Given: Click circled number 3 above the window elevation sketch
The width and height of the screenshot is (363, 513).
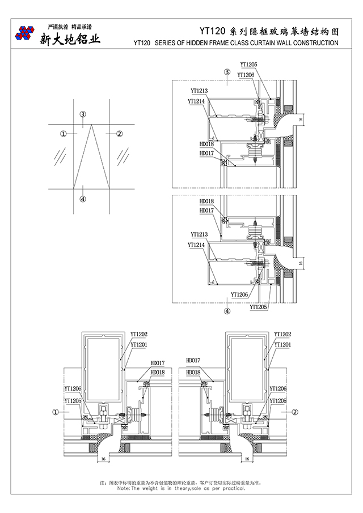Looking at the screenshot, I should point(83,114).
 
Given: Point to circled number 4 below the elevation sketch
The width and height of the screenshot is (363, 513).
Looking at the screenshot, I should point(83,199).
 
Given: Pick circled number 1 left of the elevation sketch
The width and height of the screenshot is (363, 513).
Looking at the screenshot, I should point(63,134).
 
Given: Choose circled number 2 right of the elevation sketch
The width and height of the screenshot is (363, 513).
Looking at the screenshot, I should point(119,134).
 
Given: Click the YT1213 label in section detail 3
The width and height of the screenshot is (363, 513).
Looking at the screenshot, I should point(199,91).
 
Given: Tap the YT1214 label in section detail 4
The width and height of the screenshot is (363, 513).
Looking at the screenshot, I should point(196,245).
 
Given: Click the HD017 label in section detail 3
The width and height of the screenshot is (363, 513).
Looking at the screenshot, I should point(206,153).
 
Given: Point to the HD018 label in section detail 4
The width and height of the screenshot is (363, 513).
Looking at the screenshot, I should point(206,202).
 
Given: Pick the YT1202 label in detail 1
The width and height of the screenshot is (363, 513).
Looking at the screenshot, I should point(139,335).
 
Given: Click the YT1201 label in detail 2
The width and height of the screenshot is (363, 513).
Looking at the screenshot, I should point(282,344).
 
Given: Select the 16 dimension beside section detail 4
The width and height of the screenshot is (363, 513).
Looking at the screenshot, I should point(302,263).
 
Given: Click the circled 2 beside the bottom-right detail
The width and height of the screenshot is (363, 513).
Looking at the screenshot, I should point(296,413).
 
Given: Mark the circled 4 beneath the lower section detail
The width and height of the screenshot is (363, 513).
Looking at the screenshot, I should point(227,311).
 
